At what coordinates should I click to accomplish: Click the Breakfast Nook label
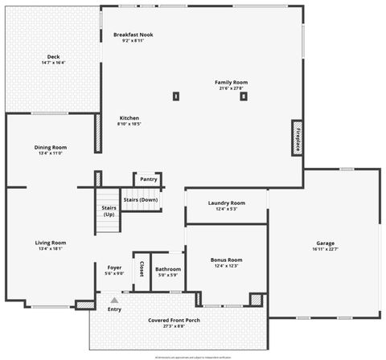point(133,35)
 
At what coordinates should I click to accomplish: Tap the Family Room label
point(231,82)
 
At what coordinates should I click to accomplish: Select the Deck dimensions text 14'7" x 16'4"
point(53,63)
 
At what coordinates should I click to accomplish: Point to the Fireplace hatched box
point(297,137)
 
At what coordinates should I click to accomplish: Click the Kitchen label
point(129,117)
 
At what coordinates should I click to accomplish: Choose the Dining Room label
point(50,147)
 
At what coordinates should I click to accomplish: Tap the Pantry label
point(148,179)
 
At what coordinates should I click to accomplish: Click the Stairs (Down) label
point(141,199)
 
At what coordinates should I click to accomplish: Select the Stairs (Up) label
point(109,211)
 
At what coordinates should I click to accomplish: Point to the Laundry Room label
point(226,203)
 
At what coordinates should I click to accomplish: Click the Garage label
point(325,243)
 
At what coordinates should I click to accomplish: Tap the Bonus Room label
point(226,260)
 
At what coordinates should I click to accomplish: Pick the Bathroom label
point(168,269)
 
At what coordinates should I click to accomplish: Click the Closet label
point(142,268)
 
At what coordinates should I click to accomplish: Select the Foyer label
point(114,267)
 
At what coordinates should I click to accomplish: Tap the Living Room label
point(50,243)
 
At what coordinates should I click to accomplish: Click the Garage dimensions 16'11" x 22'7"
point(325,249)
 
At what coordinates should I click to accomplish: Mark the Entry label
point(115,309)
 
